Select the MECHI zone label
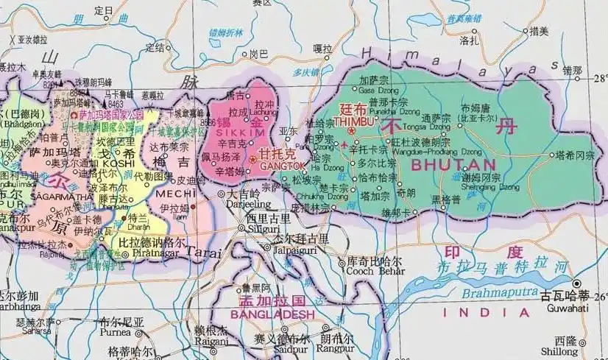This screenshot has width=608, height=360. point(172,193)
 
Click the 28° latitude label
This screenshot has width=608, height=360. point(600,77)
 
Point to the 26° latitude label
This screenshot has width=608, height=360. point(600,297)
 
